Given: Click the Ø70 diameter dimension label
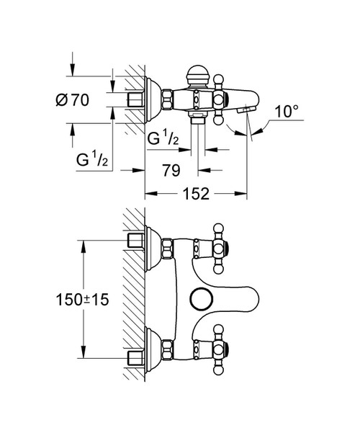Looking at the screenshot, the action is click(x=72, y=99).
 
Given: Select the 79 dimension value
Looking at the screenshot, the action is click(x=171, y=170).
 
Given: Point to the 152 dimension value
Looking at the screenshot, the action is click(x=196, y=194).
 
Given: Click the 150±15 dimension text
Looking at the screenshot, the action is click(x=82, y=299).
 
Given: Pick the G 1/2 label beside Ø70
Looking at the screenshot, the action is click(x=92, y=160).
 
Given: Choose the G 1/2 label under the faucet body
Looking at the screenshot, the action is click(x=163, y=138).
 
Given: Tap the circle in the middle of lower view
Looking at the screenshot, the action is click(x=201, y=299).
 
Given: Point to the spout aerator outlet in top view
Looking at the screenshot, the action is click(x=246, y=110).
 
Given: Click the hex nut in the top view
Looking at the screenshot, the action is click(x=167, y=99).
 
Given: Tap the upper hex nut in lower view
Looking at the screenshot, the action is click(x=168, y=249).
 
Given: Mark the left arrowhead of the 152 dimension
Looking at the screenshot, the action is click(x=151, y=194).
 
